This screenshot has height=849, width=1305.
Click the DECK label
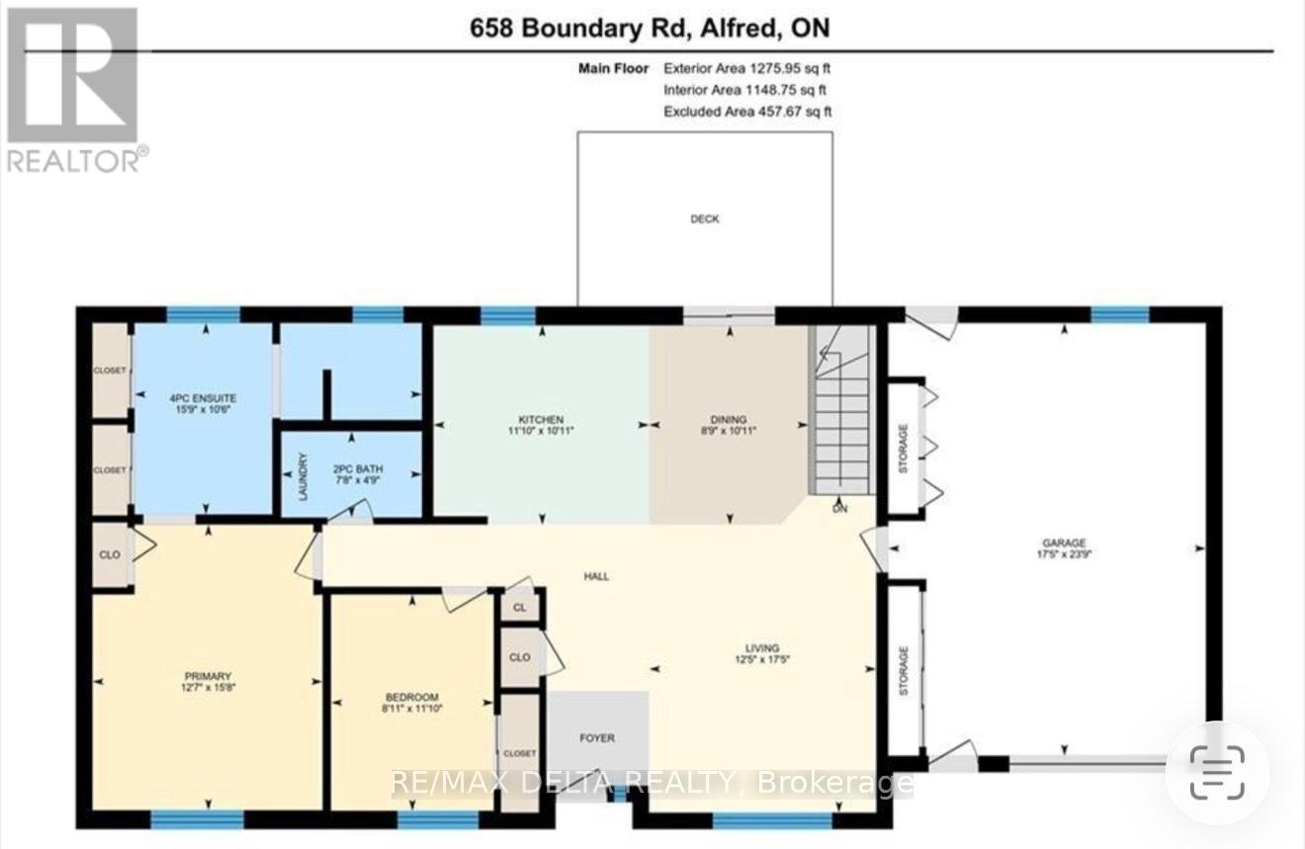(704, 219)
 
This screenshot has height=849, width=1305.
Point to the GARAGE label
(1063, 543)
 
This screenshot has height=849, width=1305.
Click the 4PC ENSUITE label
(203, 397)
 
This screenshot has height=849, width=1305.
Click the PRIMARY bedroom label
(207, 676)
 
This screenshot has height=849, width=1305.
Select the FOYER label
(597, 737)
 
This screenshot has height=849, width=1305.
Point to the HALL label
(596, 575)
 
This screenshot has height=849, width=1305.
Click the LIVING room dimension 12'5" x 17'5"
(762, 659)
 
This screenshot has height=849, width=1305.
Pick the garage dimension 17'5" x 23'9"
(1063, 554)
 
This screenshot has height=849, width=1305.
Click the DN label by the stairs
(840, 510)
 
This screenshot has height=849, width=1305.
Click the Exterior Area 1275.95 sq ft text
(747, 69)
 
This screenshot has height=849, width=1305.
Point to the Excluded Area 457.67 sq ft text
(747, 112)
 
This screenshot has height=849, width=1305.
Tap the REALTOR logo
(75, 89)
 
